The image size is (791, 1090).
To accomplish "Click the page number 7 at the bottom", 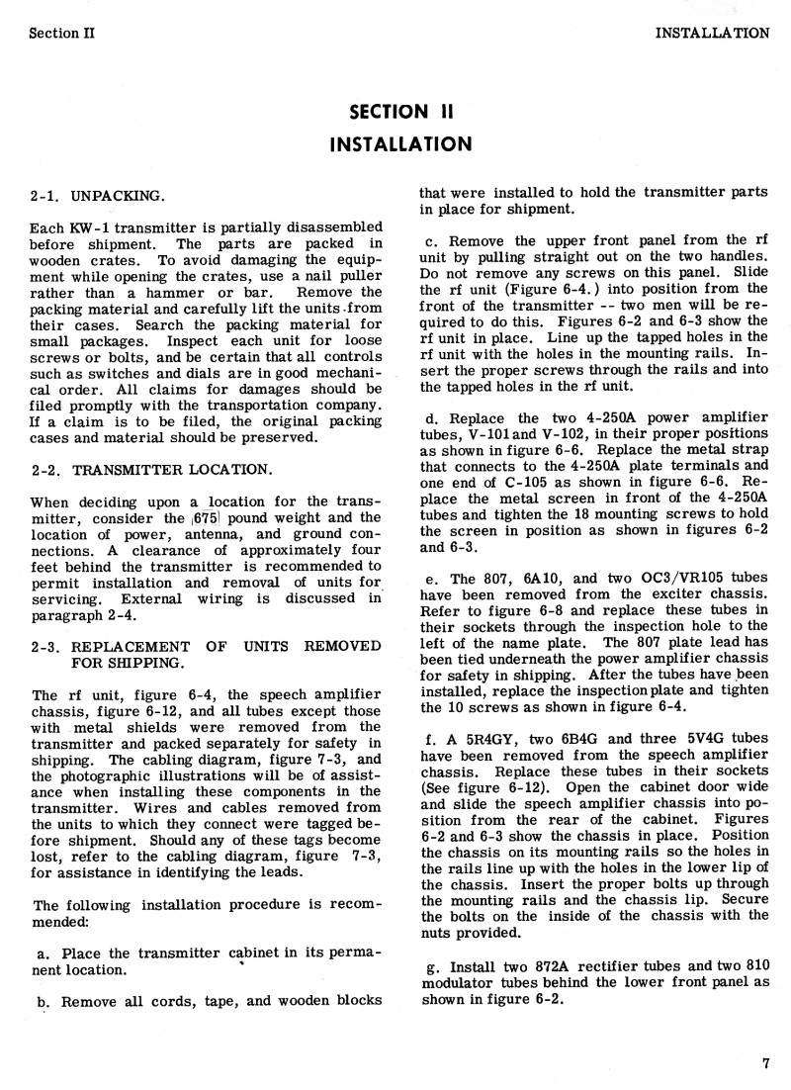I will click(x=765, y=1064).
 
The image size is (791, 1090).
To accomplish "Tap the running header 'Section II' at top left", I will click(x=61, y=32).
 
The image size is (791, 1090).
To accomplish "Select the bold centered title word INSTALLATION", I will click(x=399, y=144).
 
